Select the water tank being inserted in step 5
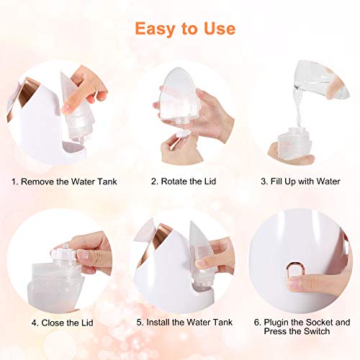pyautogui.click(x=199, y=256)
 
